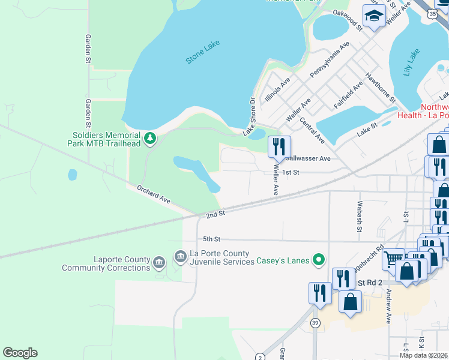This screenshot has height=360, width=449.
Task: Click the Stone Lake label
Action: [202, 52]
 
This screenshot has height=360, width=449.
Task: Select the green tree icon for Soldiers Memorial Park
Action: [150, 140]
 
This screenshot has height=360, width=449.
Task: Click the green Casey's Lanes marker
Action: [319, 260]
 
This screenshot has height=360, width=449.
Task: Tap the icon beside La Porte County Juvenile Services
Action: [179, 257]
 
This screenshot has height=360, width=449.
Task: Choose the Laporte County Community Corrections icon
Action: [158, 262]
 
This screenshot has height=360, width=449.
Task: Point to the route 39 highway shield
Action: [315, 323]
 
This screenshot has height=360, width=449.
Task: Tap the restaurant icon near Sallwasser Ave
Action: [279, 146]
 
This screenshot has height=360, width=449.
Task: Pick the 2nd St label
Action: [215, 214]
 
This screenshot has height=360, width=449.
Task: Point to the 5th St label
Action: [212, 239]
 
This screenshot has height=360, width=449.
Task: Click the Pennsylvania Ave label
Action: [329, 59]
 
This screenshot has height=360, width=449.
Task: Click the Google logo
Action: [20, 353]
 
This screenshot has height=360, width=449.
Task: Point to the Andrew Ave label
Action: [389, 307]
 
